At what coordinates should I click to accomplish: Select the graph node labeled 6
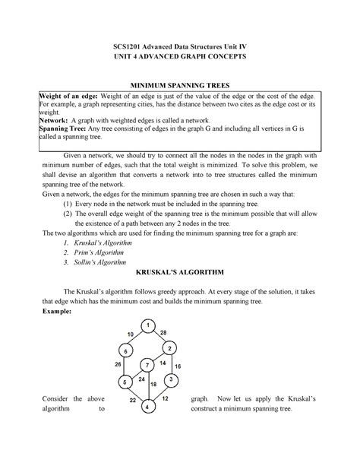[x=125, y=351]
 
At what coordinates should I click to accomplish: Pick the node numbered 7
[x=148, y=366]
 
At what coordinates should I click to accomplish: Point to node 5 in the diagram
[x=125, y=382]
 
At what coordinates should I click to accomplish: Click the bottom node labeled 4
[x=146, y=407]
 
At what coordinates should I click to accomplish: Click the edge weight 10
[x=131, y=334]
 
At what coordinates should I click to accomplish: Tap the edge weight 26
[x=118, y=365]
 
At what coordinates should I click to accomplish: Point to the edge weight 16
[x=178, y=366]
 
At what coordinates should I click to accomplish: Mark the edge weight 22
[x=132, y=399]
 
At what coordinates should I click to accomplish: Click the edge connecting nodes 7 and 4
[x=147, y=387]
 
